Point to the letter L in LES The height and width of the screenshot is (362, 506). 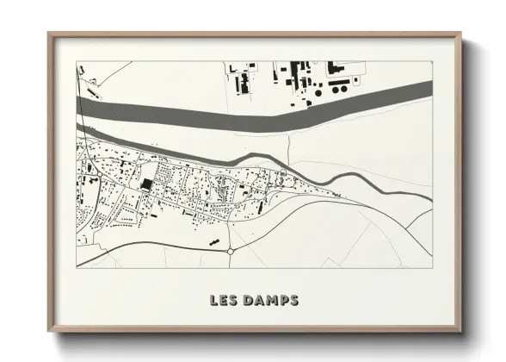click(213, 301)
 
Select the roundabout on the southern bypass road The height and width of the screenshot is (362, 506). click(231, 251)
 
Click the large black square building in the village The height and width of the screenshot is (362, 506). click(146, 184)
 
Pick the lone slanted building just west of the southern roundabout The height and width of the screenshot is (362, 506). click(212, 244)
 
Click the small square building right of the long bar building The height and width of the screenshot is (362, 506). click(355, 78)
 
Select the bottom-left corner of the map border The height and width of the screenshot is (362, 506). click(77, 267)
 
